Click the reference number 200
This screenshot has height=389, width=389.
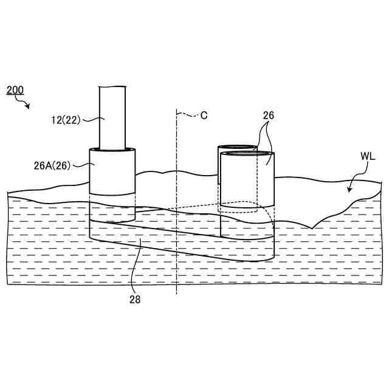pyautogui.click(x=15, y=90)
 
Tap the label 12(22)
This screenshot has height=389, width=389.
pyautogui.click(x=66, y=120)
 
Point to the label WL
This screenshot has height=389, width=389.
pyautogui.click(x=368, y=156)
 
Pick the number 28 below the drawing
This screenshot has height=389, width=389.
pyautogui.click(x=134, y=298)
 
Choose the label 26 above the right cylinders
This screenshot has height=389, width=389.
pyautogui.click(x=269, y=115)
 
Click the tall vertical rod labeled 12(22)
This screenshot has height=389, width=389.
pyautogui.click(x=113, y=119)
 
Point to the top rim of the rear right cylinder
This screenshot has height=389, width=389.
pyautogui.click(x=237, y=146)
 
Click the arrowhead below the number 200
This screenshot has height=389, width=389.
pyautogui.click(x=27, y=107)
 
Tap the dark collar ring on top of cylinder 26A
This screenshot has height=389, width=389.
pyautogui.click(x=112, y=149)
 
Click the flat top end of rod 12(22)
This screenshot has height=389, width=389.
pyautogui.click(x=113, y=87)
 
